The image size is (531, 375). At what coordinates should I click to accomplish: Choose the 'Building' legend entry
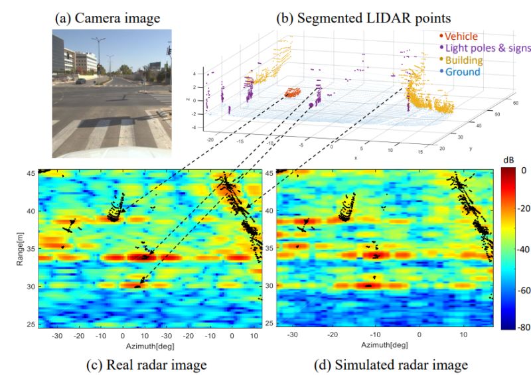pyautogui.click(x=464, y=60)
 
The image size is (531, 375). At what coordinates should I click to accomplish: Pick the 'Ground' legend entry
pyautogui.click(x=462, y=72)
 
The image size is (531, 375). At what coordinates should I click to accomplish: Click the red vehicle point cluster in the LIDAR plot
pyautogui.click(x=291, y=93)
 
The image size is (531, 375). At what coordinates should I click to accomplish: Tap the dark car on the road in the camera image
pyautogui.click(x=80, y=82)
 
